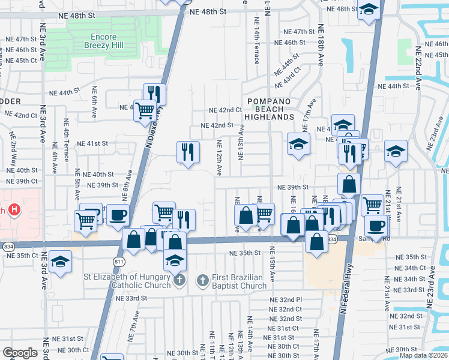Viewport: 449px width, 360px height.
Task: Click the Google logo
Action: tap(20, 353)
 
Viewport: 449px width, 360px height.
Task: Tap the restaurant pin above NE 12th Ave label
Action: tap(188, 151)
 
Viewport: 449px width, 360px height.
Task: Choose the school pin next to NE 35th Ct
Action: tap(60, 261)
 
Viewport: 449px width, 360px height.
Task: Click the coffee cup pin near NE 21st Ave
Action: tap(376, 226)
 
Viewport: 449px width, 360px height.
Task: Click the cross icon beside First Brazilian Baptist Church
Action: tap(203, 280)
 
